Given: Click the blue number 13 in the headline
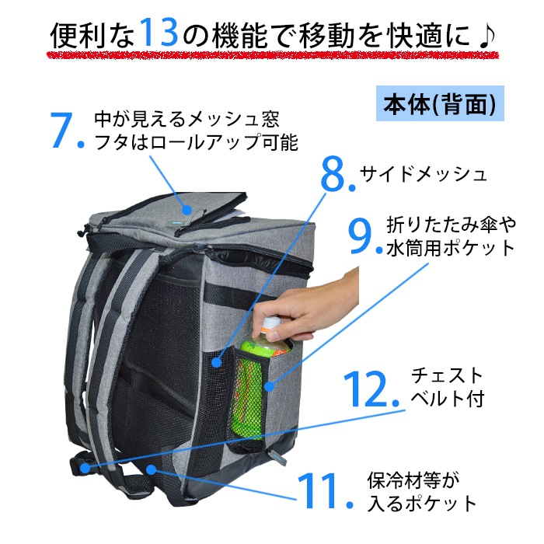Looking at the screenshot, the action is pos(159,32).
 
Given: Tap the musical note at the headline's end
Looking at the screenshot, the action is pos(486,36).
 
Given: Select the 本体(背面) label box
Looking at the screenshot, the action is pos(440,103).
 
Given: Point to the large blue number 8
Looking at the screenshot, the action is pos(333,173).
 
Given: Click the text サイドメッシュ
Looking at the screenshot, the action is pos(424,174).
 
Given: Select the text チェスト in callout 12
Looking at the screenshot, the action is pos(447,376).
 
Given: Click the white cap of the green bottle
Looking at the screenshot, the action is pos(270,324).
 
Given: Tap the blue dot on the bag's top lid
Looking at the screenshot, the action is pos(187,210).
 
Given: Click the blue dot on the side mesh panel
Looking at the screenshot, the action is pos(217,363).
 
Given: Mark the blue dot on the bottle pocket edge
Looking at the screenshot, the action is pos(270,386).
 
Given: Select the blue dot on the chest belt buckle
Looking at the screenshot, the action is pos(85,468).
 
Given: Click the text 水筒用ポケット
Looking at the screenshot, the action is pos(450,249).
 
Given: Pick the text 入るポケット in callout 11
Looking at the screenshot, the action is pos(422,504).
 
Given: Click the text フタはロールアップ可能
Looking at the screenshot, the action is pos(196,142).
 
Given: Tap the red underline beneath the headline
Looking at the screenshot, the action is pos(273,55).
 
